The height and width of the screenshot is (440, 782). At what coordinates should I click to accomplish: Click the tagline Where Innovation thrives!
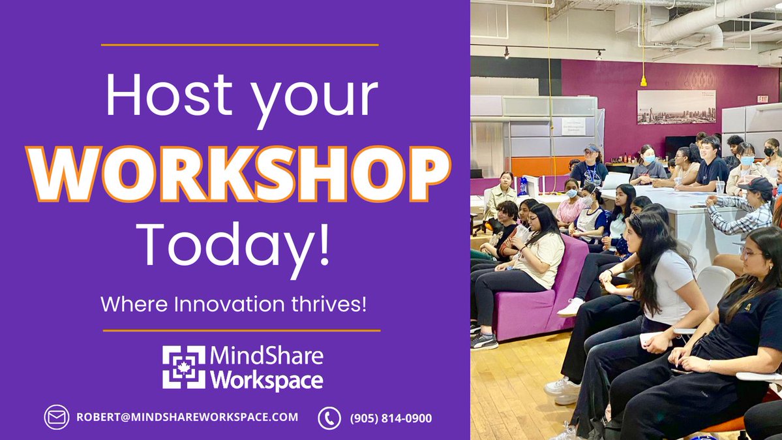[233, 304]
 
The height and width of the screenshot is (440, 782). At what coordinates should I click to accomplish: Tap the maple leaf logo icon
[183, 367]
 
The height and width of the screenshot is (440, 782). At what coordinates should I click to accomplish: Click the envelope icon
[56, 417]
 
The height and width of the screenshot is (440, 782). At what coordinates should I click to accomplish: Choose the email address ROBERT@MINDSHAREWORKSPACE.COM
[187, 417]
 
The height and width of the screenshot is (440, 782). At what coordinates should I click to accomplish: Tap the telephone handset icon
[329, 418]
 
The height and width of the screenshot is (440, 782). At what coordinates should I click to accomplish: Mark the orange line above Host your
[240, 45]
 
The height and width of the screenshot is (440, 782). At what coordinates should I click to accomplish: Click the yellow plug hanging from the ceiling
[643, 81]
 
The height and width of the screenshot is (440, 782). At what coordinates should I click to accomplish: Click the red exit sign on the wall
[762, 99]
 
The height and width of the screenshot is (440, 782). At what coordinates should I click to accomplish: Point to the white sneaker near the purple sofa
[571, 307]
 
